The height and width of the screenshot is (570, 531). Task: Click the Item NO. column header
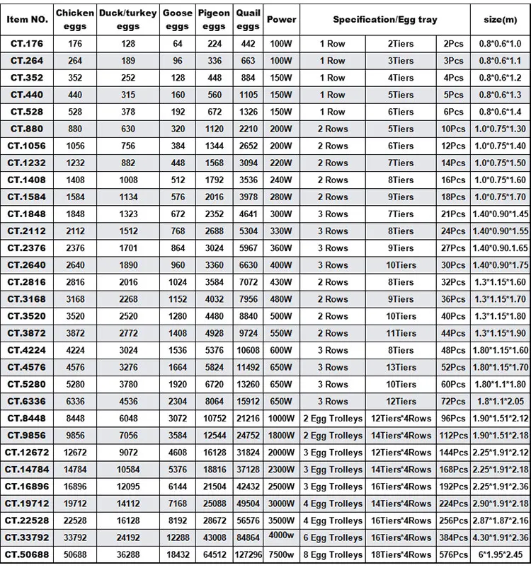(27, 19)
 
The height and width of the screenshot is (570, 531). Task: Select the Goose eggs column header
(177, 19)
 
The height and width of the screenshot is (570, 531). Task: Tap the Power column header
(281, 19)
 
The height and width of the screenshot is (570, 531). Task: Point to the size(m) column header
(500, 19)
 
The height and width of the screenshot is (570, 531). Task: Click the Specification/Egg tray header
(385, 19)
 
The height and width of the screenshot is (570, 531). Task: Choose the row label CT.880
(27, 129)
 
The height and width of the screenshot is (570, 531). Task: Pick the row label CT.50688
(27, 555)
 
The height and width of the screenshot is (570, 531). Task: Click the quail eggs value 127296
(247, 555)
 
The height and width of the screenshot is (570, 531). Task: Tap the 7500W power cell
(281, 555)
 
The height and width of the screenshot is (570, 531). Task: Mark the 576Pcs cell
(452, 555)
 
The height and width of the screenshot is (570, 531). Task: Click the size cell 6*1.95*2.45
(500, 555)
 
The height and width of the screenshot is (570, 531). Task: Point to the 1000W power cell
(281, 419)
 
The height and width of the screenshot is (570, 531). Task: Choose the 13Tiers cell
(401, 367)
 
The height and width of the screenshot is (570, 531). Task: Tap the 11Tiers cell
(401, 333)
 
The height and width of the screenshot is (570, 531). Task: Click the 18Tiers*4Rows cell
(401, 555)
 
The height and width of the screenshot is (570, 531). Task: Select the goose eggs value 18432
(177, 555)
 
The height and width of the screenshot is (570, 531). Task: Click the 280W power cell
(281, 197)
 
